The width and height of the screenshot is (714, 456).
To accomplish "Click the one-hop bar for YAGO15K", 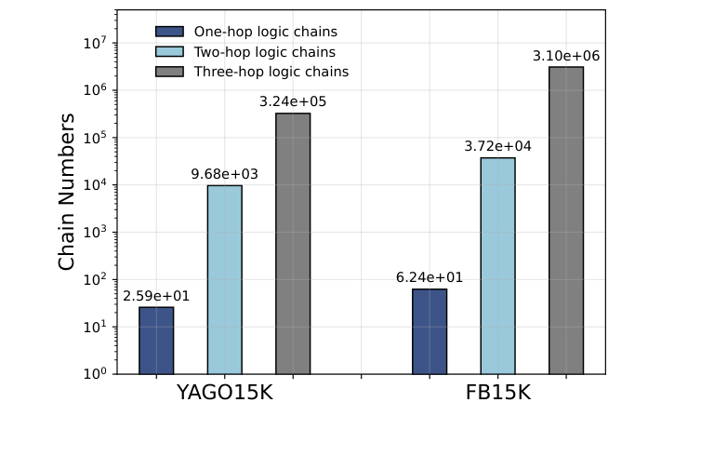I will (156, 341).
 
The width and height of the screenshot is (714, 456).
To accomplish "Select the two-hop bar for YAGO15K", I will (224, 279).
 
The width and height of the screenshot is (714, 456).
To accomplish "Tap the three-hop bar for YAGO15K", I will (293, 244).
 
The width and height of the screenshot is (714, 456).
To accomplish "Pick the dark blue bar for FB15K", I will (430, 331).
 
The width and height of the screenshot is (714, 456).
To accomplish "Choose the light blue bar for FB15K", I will (497, 266).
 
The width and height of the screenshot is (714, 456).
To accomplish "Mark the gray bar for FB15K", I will (566, 221).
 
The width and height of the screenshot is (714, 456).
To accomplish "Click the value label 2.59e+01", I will (156, 296).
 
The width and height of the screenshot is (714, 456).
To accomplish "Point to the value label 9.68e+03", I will (224, 174).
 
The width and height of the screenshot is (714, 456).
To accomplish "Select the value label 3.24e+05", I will (293, 102).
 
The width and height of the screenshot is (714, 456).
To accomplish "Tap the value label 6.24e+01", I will (430, 277).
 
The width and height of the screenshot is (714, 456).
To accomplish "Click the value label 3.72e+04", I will (497, 147).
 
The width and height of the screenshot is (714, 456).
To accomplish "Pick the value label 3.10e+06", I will (566, 56).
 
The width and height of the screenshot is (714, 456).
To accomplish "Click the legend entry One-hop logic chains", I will (265, 32).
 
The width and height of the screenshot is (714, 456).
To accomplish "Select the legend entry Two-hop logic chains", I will (264, 52).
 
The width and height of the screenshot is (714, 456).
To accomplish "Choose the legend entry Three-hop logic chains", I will (271, 72).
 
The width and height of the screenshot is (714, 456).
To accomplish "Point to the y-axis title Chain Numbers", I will (67, 192).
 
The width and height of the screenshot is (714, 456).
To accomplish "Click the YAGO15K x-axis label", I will (224, 393).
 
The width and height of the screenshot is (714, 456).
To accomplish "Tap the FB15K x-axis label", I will (497, 393).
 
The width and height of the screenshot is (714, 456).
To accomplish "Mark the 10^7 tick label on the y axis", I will (97, 43).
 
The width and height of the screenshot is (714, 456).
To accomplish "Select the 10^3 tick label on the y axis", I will (97, 233).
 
